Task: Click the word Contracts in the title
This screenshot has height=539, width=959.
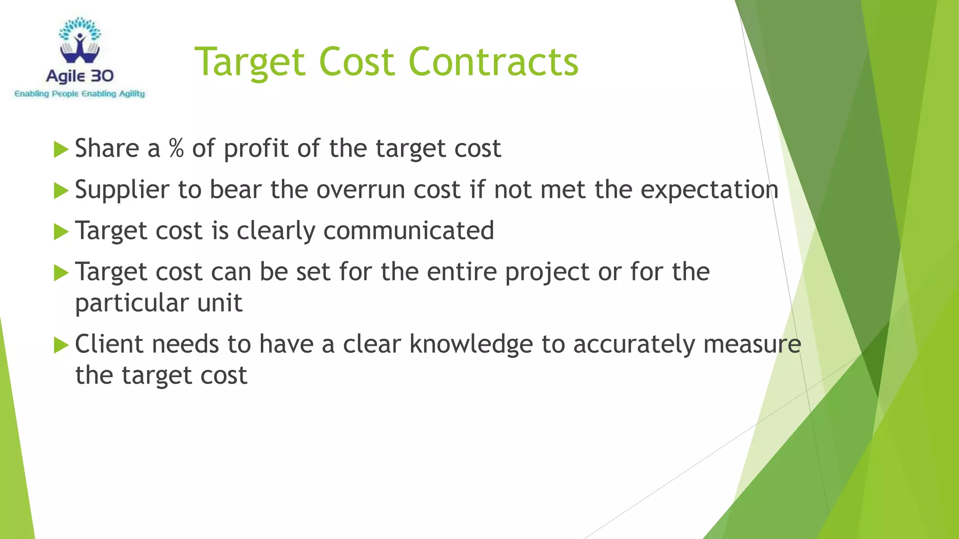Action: [x=494, y=62]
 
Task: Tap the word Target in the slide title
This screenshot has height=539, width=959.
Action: [x=250, y=63]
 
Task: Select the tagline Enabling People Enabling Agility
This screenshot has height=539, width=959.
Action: [x=80, y=94]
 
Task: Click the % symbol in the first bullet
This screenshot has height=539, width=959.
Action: [x=177, y=148]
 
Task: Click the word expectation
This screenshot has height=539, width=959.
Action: [x=709, y=190]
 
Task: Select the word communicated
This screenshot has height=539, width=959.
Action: [x=409, y=231]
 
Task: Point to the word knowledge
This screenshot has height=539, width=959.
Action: [x=471, y=344]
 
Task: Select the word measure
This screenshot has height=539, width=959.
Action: [x=752, y=344]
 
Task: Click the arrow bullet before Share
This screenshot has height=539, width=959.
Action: [x=61, y=150]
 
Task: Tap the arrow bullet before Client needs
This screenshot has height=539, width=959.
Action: [x=61, y=345]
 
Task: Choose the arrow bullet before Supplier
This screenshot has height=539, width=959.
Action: [x=61, y=191]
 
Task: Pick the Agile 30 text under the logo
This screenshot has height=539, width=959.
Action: [x=80, y=76]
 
